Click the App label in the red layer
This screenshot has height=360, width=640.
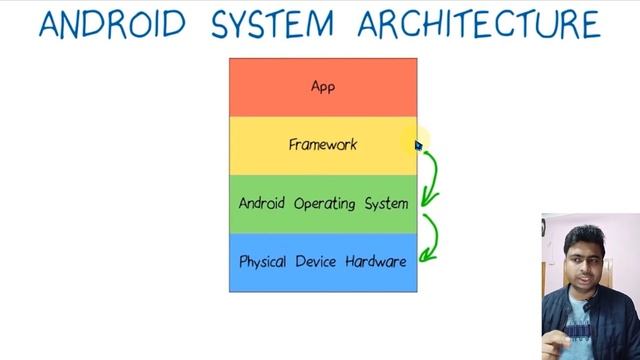(x=323, y=87)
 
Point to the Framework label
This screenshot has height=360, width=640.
(x=323, y=145)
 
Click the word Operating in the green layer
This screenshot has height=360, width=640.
(x=324, y=204)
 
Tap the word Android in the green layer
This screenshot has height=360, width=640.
(x=262, y=203)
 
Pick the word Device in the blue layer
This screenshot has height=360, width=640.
(x=316, y=262)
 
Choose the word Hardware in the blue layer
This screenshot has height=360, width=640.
(x=376, y=262)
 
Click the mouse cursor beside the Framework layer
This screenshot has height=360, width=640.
(x=419, y=146)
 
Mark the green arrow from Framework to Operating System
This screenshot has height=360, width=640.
(x=431, y=174)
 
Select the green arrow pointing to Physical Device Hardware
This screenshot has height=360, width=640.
(x=431, y=238)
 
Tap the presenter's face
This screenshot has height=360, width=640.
(x=579, y=264)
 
